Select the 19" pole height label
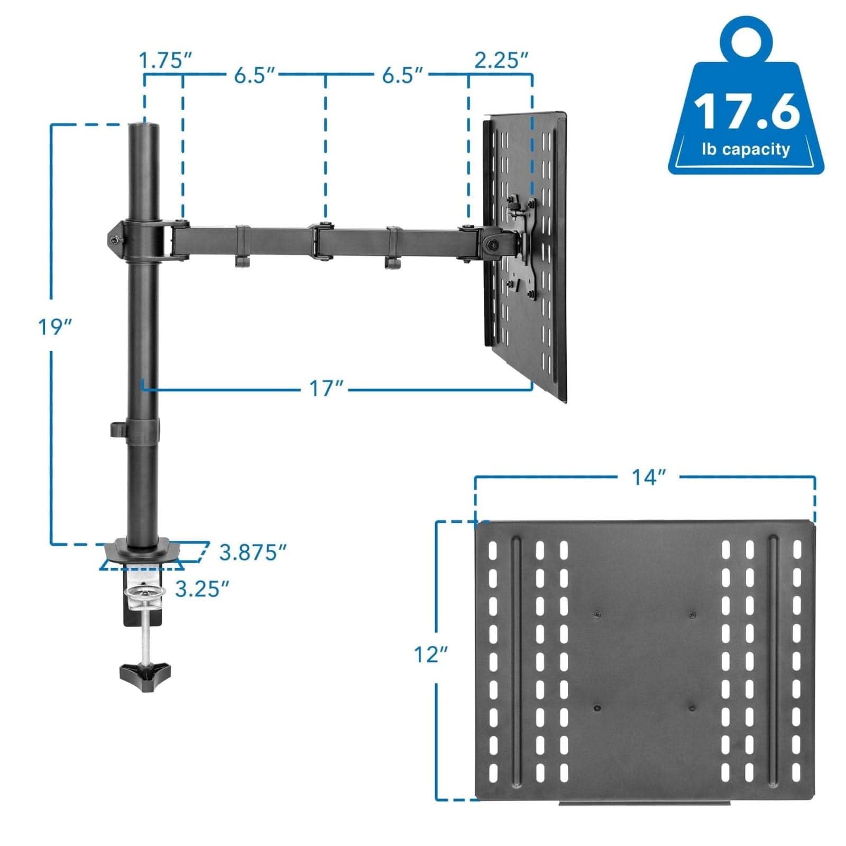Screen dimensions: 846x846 [54, 327]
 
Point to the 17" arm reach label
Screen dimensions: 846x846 [326, 389]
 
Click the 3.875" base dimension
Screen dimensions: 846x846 [253, 553]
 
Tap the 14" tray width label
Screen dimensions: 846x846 [648, 477]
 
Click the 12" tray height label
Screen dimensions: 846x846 [430, 655]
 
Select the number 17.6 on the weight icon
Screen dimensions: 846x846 [746, 112]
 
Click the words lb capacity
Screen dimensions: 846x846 [746, 150]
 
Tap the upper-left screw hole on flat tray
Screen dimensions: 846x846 [596, 614]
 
